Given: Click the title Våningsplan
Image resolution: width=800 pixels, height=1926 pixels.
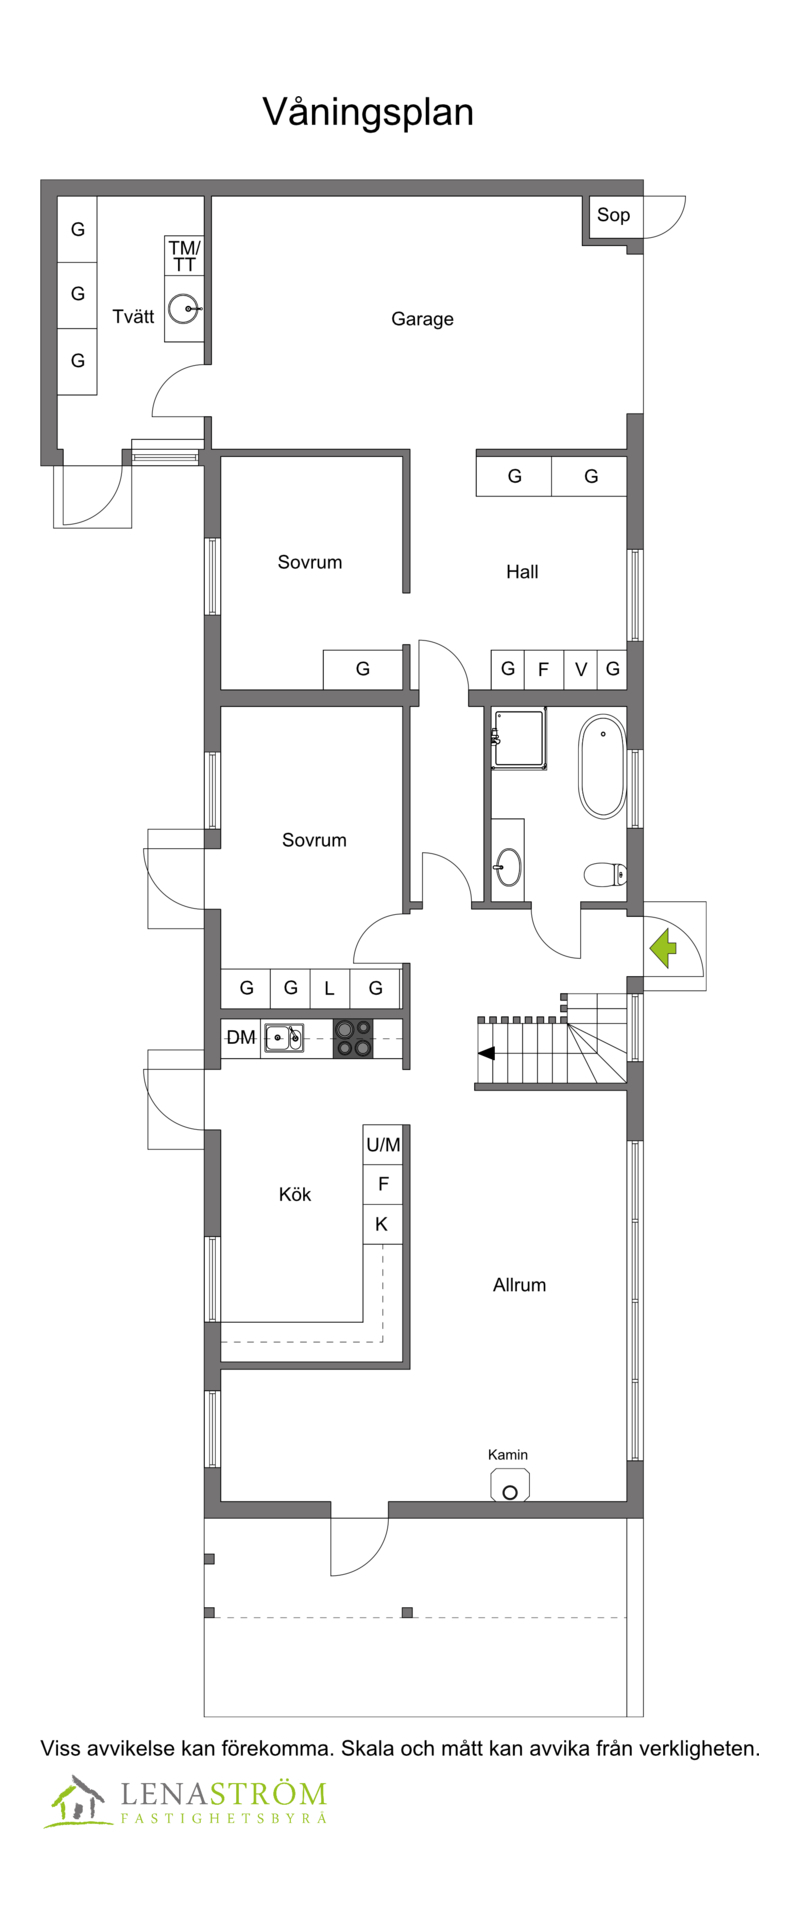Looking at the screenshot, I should pyautogui.click(x=368, y=112).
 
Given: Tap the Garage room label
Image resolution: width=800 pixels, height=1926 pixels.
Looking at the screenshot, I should pyautogui.click(x=422, y=319).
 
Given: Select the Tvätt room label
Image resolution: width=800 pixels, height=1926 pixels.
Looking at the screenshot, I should pyautogui.click(x=133, y=316).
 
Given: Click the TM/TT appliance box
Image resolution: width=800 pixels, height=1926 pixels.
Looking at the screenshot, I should pyautogui.click(x=184, y=256).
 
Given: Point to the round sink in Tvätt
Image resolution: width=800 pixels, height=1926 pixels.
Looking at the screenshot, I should pyautogui.click(x=183, y=309).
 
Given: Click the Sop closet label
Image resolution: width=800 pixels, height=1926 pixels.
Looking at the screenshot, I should pyautogui.click(x=613, y=215).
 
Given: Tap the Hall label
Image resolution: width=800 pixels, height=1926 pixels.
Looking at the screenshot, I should pyautogui.click(x=522, y=572).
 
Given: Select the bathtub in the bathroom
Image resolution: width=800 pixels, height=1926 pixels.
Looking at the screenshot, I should pyautogui.click(x=602, y=766).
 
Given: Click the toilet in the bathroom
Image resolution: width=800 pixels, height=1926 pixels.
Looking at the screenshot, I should pyautogui.click(x=606, y=875).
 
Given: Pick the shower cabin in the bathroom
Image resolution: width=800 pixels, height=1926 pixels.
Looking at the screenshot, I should pyautogui.click(x=519, y=738).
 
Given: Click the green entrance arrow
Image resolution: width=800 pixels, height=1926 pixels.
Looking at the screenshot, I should pyautogui.click(x=663, y=948).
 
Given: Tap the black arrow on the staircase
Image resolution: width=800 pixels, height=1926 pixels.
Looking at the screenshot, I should pyautogui.click(x=486, y=1053).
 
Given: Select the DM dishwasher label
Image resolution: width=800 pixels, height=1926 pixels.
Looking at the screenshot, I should pyautogui.click(x=241, y=1038).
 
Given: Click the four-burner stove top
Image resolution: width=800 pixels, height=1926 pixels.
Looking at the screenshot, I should pyautogui.click(x=352, y=1038).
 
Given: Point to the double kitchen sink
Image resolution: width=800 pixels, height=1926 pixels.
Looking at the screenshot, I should pyautogui.click(x=284, y=1038).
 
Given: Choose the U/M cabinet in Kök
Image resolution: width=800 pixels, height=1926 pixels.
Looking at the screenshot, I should pyautogui.click(x=383, y=1145).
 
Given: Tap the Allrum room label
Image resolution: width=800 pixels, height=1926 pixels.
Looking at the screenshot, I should pyautogui.click(x=519, y=1285).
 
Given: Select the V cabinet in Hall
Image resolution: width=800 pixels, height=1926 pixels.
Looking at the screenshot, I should pyautogui.click(x=581, y=669).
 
